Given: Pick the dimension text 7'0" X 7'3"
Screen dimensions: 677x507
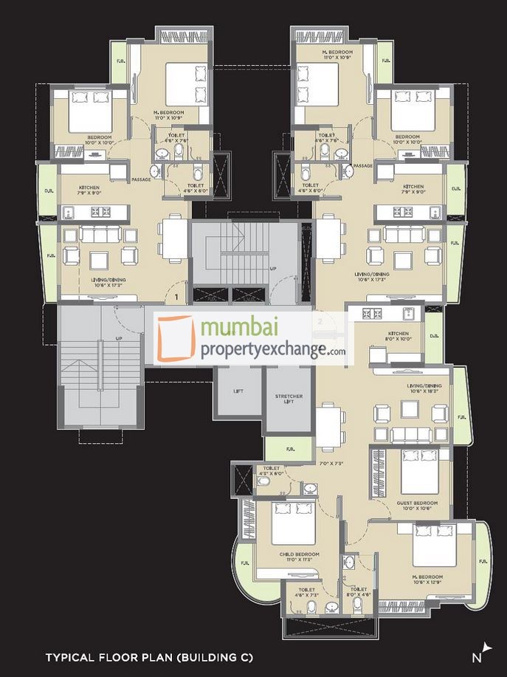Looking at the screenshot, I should point(332,464).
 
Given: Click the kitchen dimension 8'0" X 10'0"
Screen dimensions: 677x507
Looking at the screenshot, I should point(398,339).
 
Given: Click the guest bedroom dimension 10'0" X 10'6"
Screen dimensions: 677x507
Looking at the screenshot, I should point(418,509).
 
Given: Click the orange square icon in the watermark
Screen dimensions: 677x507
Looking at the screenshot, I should point(174,338).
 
